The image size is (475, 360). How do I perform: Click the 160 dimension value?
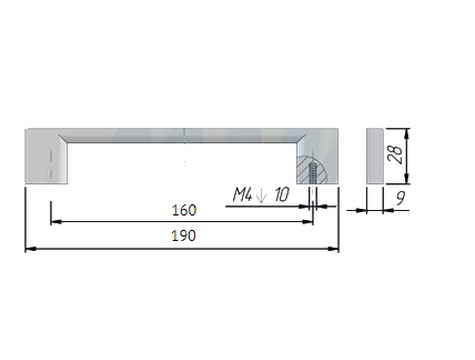point(184,210)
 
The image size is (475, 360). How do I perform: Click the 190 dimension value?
point(184,236)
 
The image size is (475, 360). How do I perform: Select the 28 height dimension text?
point(396,154)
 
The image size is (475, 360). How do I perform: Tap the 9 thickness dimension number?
point(401,198)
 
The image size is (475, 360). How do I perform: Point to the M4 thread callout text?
point(242,195)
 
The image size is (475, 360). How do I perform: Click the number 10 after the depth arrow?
point(282,195)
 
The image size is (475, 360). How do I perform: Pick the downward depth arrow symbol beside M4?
point(261,195)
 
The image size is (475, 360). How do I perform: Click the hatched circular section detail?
point(313,169)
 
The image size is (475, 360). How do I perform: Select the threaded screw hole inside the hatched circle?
point(313,173)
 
